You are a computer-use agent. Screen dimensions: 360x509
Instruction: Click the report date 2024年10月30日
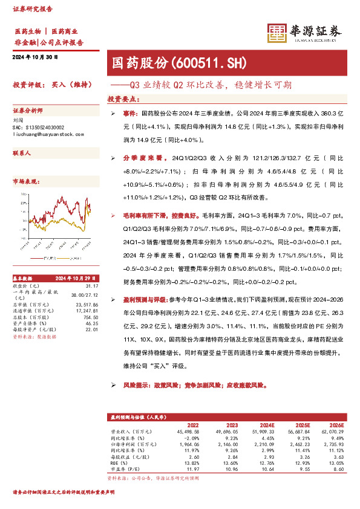pos(35,57)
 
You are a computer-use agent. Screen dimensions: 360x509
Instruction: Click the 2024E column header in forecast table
pos(265,425)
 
